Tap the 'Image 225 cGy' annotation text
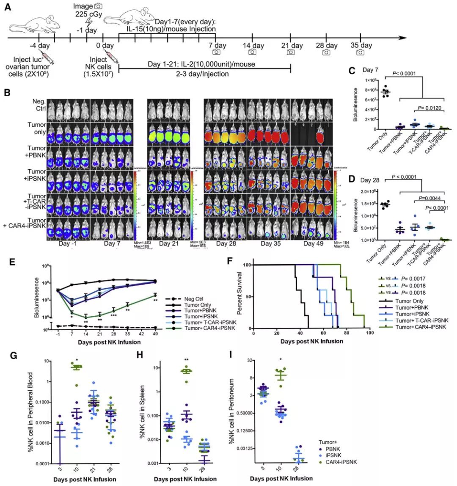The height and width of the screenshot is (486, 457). tap(86, 11)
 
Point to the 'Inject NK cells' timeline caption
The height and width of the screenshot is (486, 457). tap(104, 66)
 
